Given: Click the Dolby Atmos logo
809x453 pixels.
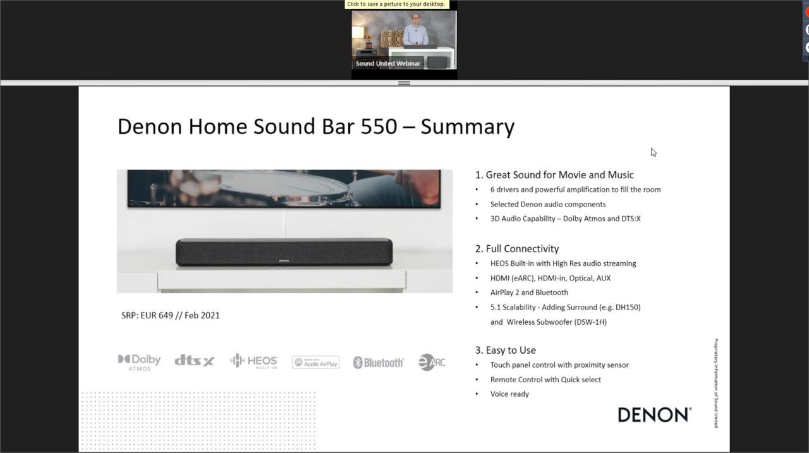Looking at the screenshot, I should tap(139, 361).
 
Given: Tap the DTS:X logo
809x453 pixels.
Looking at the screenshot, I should tap(194, 361).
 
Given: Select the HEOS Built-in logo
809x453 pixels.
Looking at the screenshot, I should tap(253, 361).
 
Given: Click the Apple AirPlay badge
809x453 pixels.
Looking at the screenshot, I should tap(315, 362).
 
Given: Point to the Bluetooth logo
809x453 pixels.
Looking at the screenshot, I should tap(378, 363).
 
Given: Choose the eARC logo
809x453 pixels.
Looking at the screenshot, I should tap(432, 362).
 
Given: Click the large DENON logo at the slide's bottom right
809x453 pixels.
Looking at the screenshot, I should tap(654, 414).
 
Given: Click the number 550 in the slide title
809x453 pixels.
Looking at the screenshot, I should tap(379, 126).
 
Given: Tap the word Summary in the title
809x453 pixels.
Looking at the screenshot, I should tap(467, 126).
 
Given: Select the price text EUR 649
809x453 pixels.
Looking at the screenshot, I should tap(157, 315).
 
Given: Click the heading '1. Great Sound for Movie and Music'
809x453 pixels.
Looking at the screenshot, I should tap(554, 175).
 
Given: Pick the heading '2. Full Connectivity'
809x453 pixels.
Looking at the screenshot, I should tap(517, 249).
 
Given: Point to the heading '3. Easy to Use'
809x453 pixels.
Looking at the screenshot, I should tap(506, 350).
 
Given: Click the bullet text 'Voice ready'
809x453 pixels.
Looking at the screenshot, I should tap(509, 394).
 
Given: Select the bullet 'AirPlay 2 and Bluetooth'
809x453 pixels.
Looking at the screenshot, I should tap(529, 293).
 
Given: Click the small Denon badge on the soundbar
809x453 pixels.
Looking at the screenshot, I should tap(284, 260).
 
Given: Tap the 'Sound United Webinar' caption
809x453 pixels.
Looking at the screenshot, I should tap(387, 63).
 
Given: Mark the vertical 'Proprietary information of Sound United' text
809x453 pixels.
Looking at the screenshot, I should tap(715, 383).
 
